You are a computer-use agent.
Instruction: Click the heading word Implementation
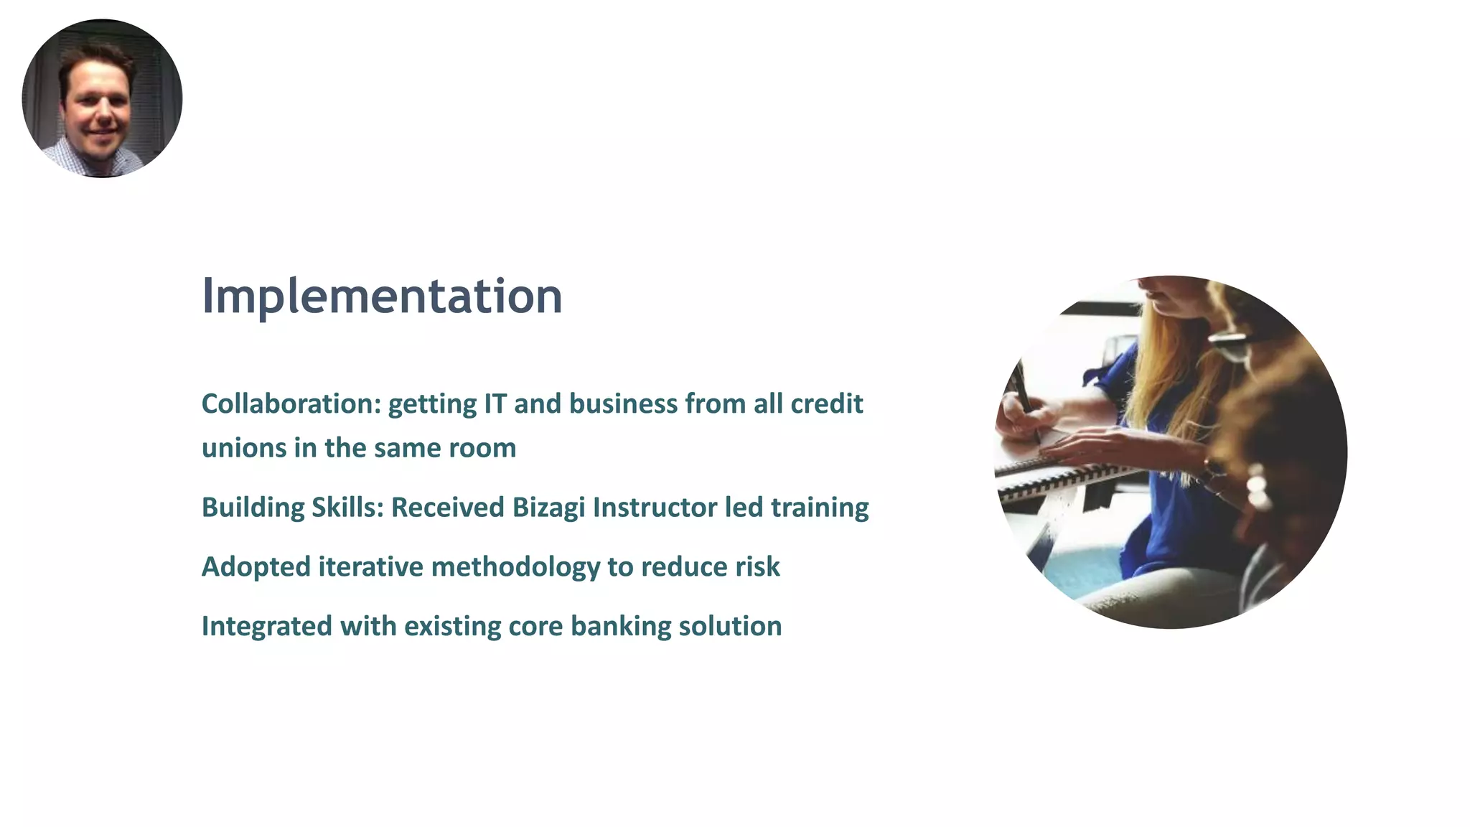pyautogui.click(x=382, y=296)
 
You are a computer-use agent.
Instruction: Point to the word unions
pyautogui.click(x=244, y=448)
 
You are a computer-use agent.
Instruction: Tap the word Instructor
pyautogui.click(x=655, y=508)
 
